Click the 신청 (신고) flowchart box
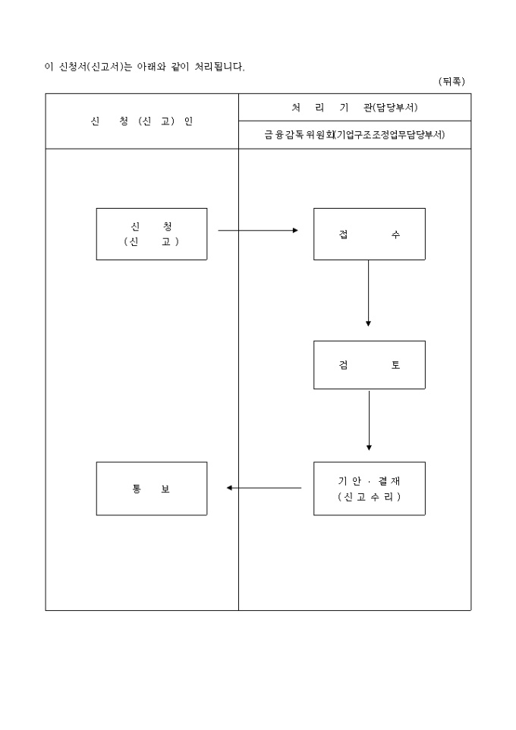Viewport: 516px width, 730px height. point(152,234)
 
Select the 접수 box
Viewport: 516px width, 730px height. point(370,234)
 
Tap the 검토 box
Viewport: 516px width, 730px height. point(370,365)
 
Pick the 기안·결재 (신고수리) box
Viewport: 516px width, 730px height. point(370,488)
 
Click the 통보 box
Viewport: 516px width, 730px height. point(152,488)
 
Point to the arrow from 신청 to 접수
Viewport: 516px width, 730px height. point(258,230)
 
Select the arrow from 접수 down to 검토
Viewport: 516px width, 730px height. point(369,293)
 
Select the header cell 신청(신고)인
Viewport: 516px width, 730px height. point(142,121)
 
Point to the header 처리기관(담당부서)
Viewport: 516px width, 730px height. point(354,107)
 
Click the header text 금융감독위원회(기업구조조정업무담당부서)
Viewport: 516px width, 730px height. point(354,135)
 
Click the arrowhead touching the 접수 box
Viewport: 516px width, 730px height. point(296,230)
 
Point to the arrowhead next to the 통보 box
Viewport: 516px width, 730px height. point(229,488)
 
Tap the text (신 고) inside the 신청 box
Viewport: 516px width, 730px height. point(152,241)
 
